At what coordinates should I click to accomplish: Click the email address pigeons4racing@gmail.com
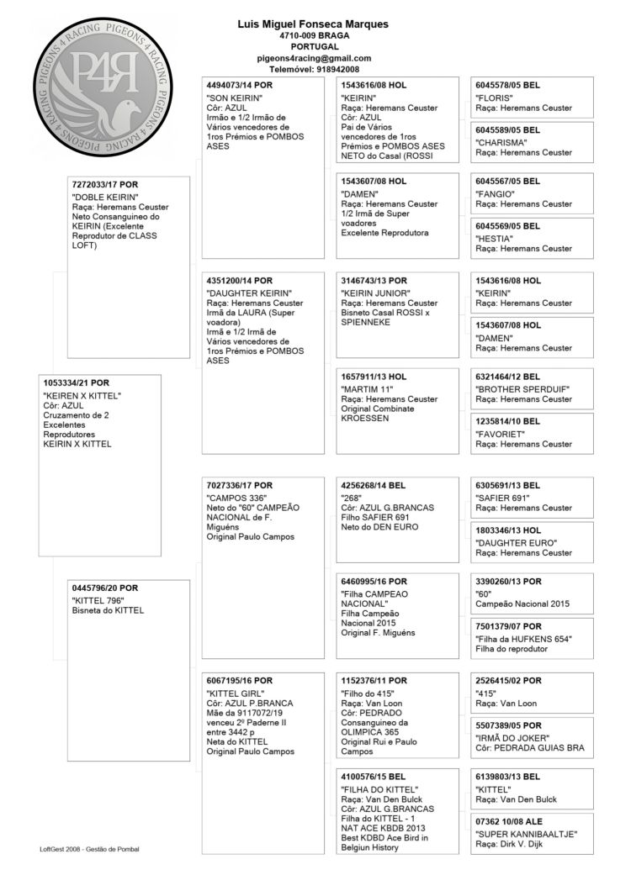pos(314,58)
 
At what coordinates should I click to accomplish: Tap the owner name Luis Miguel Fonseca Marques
pos(314,24)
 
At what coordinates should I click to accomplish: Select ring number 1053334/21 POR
pos(76,383)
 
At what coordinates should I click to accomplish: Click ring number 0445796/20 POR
pos(105,588)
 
